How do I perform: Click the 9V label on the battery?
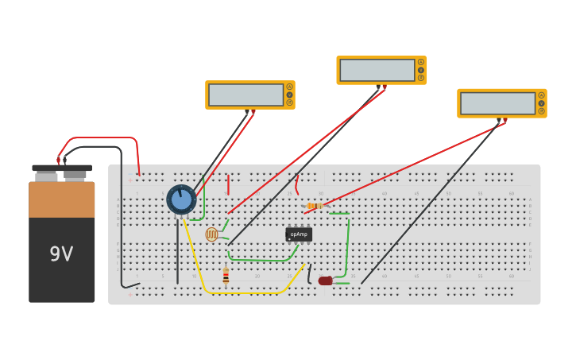coord(61,254)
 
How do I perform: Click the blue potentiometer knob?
coord(181,199)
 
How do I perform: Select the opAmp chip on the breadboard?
coord(299,234)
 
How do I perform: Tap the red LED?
coord(325,281)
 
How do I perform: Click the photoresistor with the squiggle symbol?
coord(211,234)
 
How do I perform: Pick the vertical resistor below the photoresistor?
coord(226,276)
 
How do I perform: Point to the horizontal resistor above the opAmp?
coord(315,206)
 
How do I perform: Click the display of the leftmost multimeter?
coord(245,95)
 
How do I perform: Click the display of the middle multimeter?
coord(377,70)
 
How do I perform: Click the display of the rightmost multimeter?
coord(497,103)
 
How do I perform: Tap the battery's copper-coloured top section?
coord(61,199)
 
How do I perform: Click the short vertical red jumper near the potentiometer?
coord(228,184)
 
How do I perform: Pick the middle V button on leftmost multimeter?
coord(290,95)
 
